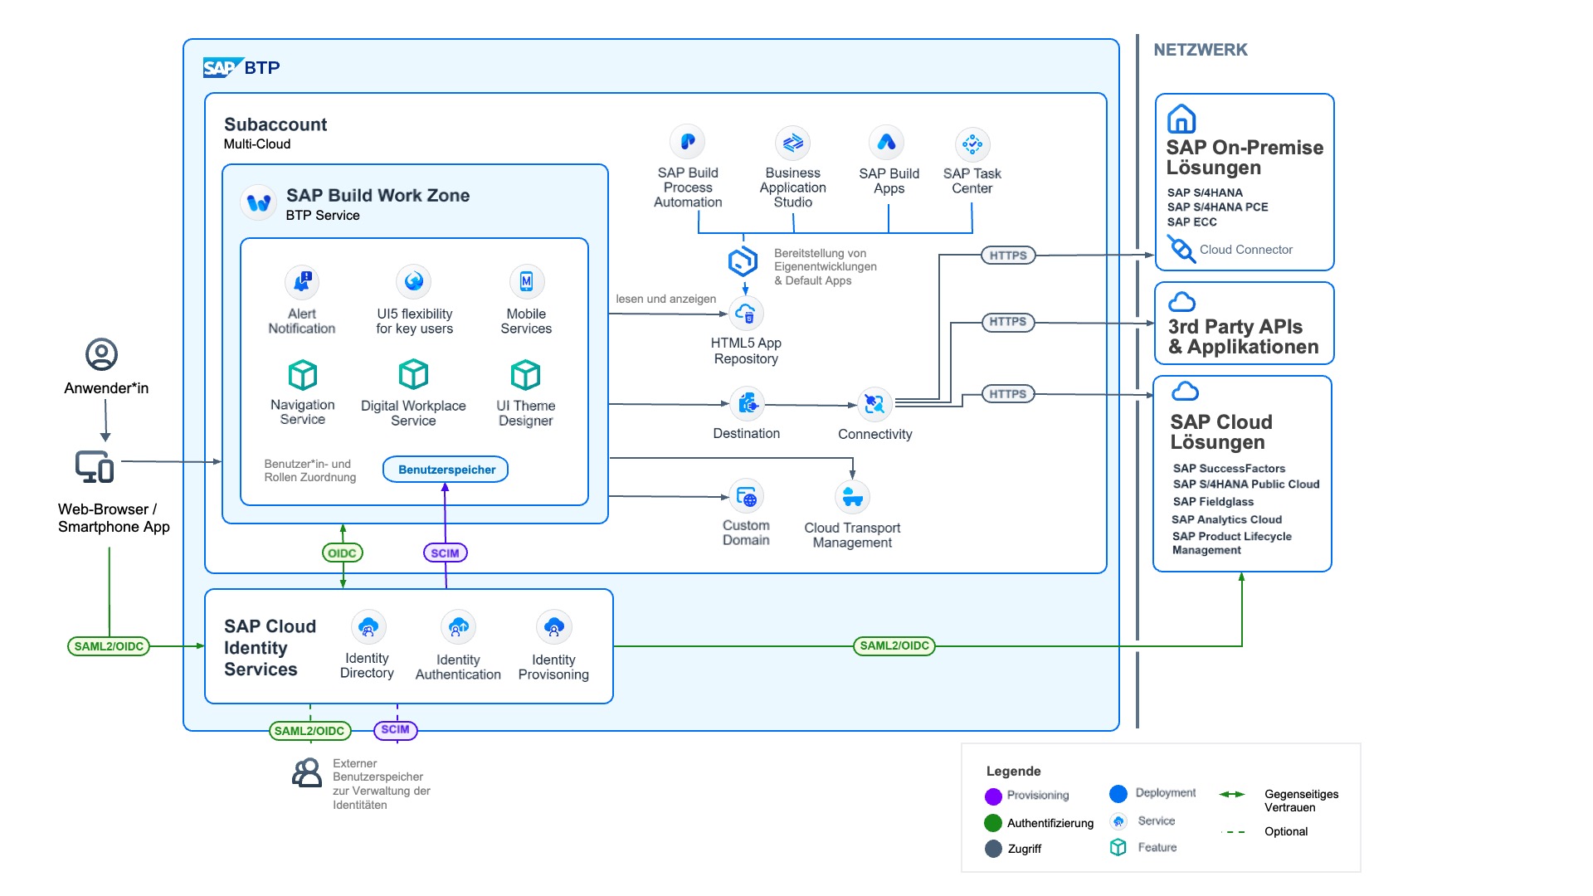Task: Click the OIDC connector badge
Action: (342, 553)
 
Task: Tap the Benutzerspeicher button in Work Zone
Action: (446, 470)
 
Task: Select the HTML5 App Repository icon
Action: (745, 314)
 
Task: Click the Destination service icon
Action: (747, 404)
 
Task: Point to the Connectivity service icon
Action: (874, 404)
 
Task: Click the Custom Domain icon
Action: (746, 497)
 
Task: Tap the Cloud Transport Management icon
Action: (852, 498)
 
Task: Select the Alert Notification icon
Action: (302, 282)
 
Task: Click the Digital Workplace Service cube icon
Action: (413, 374)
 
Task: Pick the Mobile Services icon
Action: (526, 282)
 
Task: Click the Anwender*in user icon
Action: (102, 354)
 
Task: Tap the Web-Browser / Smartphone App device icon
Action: (95, 466)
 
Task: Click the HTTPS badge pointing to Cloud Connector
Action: (1008, 256)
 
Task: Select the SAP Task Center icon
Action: (972, 144)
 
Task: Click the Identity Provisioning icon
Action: (554, 628)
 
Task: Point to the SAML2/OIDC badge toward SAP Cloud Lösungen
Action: (894, 645)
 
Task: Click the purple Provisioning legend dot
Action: (993, 796)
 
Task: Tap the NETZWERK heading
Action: (1200, 50)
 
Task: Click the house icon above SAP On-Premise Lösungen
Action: (1181, 119)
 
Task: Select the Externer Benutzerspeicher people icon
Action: (307, 772)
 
